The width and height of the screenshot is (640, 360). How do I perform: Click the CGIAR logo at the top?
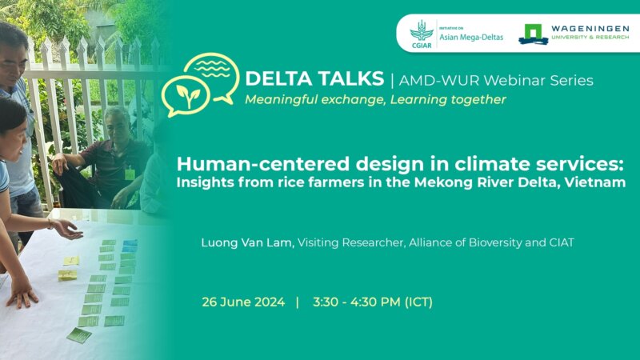click(x=422, y=34)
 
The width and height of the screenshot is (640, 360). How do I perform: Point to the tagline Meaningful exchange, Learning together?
click(x=375, y=100)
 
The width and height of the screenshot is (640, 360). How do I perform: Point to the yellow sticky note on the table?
click(x=70, y=262)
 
